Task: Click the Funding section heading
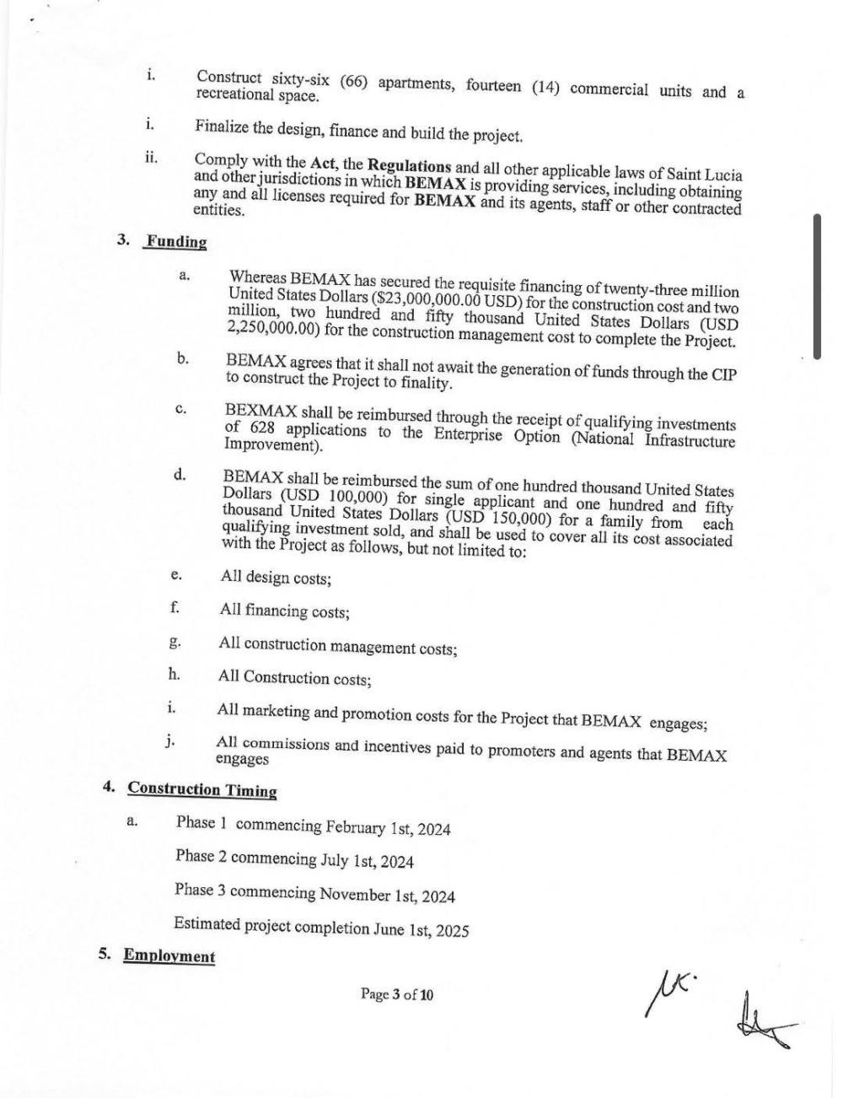click(x=175, y=242)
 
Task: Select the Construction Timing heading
click(x=202, y=790)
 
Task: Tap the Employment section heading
click(x=169, y=955)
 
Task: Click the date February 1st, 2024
click(x=389, y=828)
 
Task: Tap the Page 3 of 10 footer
click(x=397, y=994)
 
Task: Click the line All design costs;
click(x=275, y=579)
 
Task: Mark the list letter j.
click(x=170, y=741)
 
